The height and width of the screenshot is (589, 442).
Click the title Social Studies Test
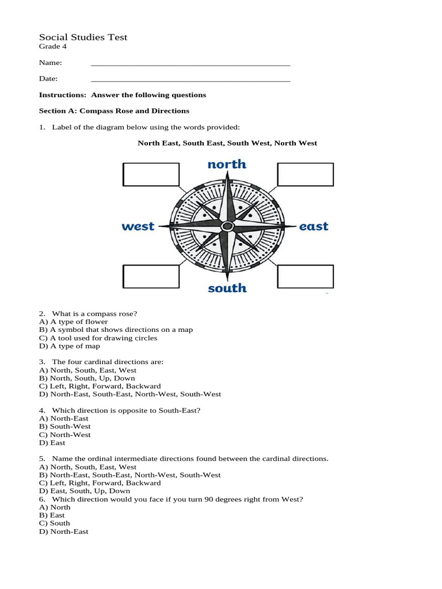pyautogui.click(x=83, y=37)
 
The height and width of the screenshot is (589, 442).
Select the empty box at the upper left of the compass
pyautogui.click(x=151, y=174)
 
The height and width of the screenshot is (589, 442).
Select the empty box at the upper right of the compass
pyautogui.click(x=305, y=174)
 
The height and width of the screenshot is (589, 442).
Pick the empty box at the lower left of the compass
pyautogui.click(x=151, y=276)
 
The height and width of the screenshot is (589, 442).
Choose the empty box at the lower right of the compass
pyautogui.click(x=305, y=276)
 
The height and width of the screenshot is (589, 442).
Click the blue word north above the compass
pyautogui.click(x=227, y=165)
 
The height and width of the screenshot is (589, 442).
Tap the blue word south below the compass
pyautogui.click(x=227, y=288)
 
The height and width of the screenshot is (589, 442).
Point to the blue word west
pyautogui.click(x=138, y=227)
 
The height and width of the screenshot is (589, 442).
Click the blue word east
pyautogui.click(x=314, y=227)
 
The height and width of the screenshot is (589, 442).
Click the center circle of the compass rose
pyautogui.click(x=227, y=225)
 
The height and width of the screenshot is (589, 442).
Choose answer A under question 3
pyautogui.click(x=87, y=370)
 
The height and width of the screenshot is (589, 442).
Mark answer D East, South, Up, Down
pyautogui.click(x=85, y=491)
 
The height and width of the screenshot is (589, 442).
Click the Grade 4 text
pyautogui.click(x=52, y=47)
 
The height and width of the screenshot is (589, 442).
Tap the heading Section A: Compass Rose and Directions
pyautogui.click(x=114, y=110)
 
